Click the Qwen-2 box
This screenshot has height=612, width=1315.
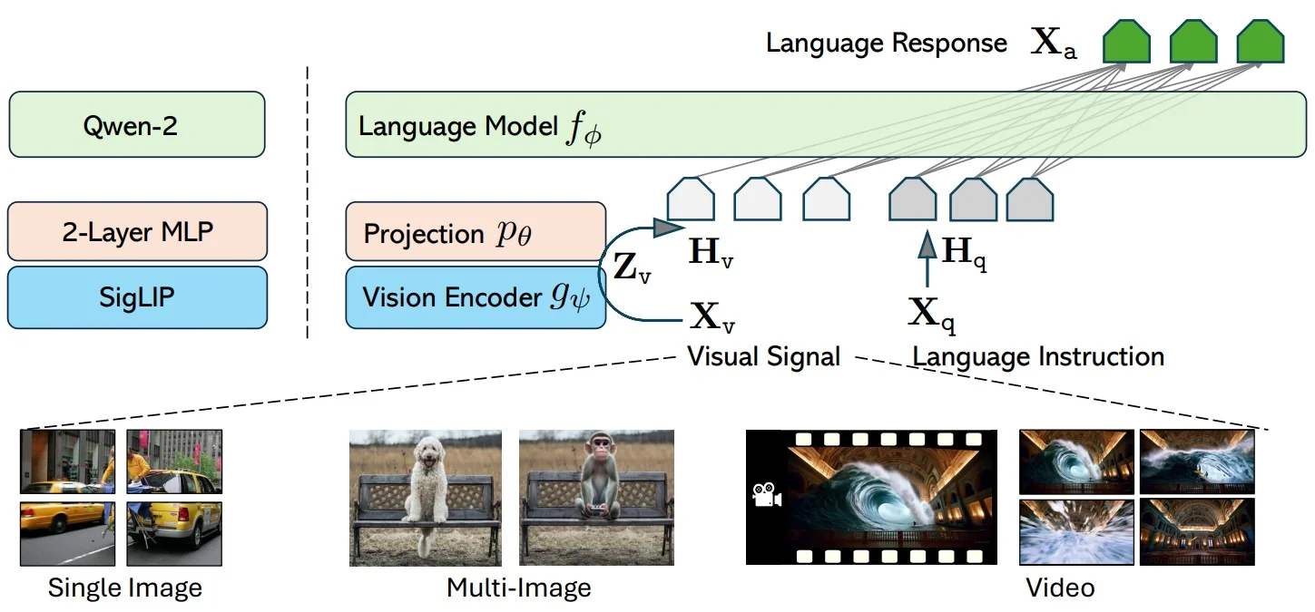click(x=136, y=124)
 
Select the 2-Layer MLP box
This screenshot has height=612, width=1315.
click(x=137, y=231)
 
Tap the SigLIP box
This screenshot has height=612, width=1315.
click(x=137, y=296)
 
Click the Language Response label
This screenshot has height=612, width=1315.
click(x=886, y=44)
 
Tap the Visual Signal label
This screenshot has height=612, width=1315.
click(x=763, y=356)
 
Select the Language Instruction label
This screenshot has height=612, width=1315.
click(x=1038, y=356)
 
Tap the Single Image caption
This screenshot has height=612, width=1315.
click(x=124, y=588)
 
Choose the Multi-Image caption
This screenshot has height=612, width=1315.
click(x=518, y=588)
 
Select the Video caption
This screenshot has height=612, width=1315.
click(x=1059, y=588)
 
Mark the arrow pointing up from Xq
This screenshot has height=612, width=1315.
click(x=927, y=261)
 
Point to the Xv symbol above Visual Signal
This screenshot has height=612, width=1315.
click(x=713, y=317)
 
